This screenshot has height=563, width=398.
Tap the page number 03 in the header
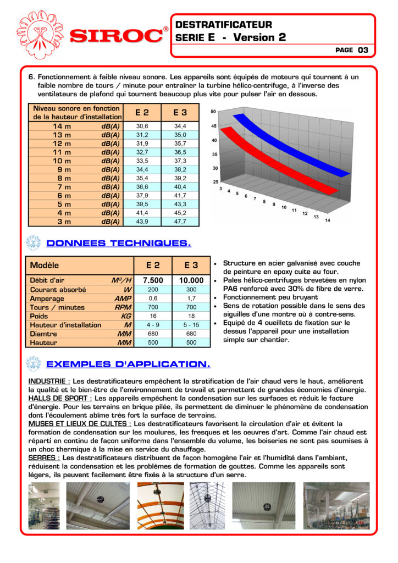tap(363, 50)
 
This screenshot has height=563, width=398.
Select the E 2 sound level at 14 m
tap(142, 126)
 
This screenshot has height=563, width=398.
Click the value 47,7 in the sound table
tap(180, 222)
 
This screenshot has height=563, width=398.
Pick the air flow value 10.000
tap(191, 280)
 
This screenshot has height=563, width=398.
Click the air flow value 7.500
tap(153, 280)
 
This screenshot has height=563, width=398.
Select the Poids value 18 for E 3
tap(191, 316)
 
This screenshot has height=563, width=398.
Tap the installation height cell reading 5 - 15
tap(191, 325)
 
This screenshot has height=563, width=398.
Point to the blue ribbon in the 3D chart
tap(286, 143)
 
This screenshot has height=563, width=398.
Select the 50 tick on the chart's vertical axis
tap(213, 112)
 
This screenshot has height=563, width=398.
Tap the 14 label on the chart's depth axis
tap(328, 220)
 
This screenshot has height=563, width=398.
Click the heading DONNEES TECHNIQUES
tap(119, 243)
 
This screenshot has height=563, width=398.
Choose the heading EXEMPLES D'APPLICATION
tap(128, 364)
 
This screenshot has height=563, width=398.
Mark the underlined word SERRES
tap(43, 457)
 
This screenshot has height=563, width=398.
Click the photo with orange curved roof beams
tap(161, 506)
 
